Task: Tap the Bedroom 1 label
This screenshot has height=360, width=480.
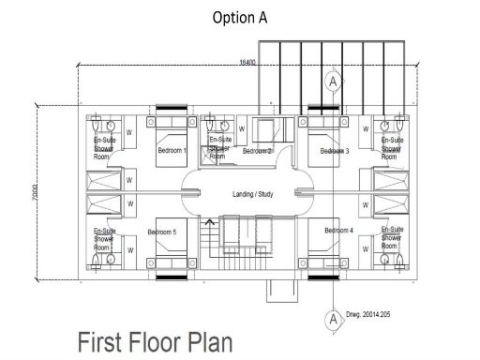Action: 172,151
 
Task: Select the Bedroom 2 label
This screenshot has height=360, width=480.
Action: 257,151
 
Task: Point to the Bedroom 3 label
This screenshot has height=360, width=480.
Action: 335,151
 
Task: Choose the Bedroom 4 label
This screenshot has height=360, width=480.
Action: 338,231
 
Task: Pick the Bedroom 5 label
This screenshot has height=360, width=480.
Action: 161,232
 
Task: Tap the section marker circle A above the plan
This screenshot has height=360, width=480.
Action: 332,82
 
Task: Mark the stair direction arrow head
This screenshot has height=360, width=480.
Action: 208,222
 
